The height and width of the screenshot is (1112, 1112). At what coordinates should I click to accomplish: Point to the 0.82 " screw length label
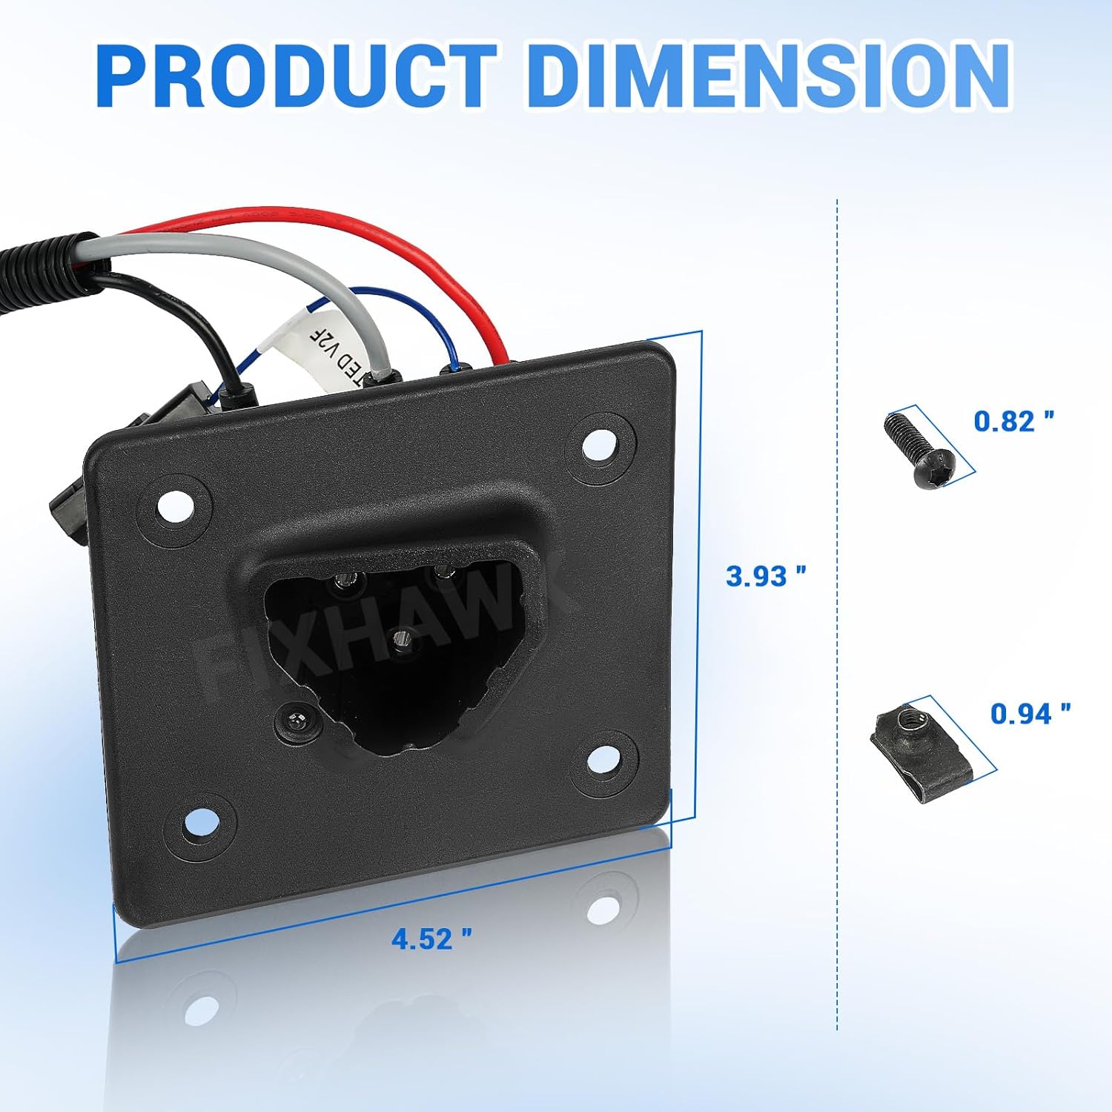[x=1013, y=421]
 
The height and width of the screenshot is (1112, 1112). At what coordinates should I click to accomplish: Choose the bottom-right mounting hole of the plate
[x=605, y=757]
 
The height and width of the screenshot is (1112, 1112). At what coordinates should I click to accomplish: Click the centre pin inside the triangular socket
[x=404, y=638]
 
